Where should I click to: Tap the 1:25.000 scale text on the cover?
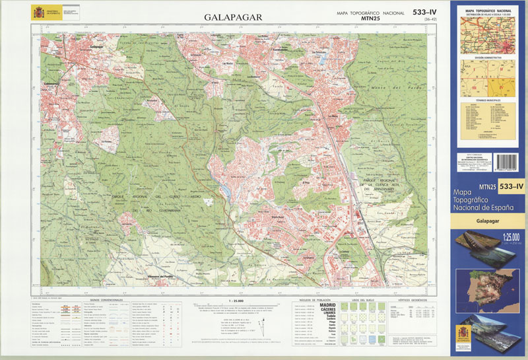click(x=510, y=237)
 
